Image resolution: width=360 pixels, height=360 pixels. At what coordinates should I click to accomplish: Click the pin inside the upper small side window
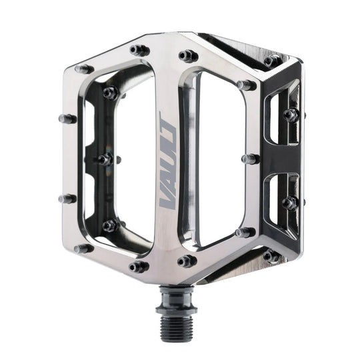(x=290, y=115)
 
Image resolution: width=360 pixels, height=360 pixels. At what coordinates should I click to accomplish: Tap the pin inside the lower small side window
(x=289, y=203)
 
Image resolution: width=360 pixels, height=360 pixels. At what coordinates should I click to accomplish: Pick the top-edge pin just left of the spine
(x=139, y=51)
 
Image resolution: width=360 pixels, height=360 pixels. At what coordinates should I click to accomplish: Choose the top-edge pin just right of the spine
(x=188, y=55)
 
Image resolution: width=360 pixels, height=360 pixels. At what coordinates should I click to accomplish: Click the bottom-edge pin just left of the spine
(x=139, y=267)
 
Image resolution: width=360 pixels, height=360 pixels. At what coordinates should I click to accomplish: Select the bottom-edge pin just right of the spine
(x=187, y=261)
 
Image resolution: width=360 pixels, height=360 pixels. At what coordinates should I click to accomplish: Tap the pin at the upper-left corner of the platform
(x=84, y=69)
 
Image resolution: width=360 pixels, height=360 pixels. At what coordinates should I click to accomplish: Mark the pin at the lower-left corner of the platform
(x=83, y=249)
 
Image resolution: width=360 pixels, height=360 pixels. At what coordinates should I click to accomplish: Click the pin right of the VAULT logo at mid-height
(x=249, y=159)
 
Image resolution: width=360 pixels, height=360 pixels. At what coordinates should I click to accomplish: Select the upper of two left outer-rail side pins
(x=67, y=119)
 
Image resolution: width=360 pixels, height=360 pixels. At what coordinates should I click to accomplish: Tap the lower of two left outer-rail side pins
(x=67, y=199)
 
